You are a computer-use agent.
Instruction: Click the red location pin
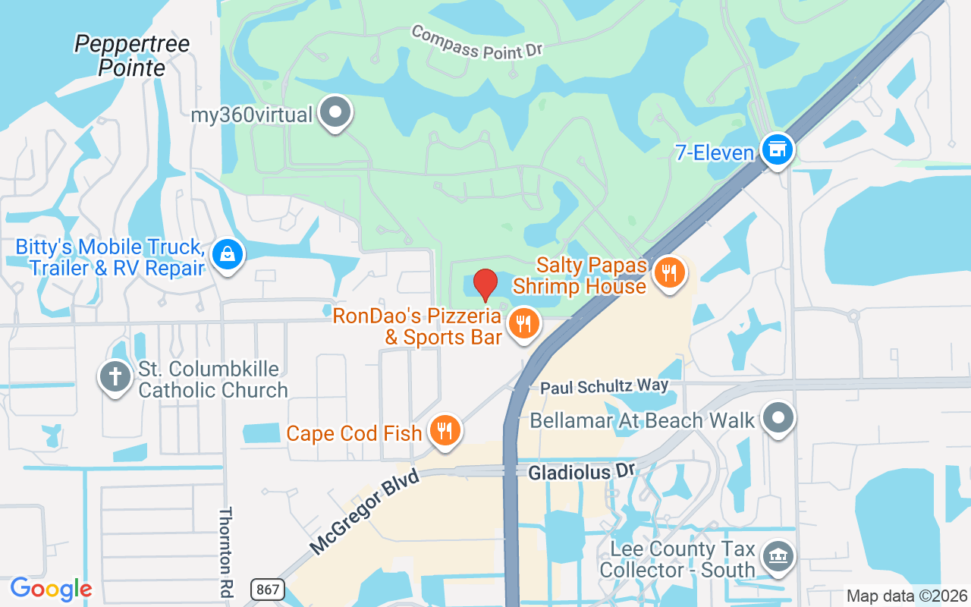coord(485,285)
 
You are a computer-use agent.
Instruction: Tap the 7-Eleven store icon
coord(777,149)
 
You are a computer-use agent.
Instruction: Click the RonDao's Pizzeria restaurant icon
coord(523,324)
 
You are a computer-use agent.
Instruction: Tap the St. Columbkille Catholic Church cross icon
coord(115,377)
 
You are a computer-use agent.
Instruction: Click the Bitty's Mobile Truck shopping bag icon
coord(227,253)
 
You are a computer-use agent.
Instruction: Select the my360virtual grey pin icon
coord(335,113)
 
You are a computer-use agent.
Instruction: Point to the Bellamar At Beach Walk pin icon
coord(778,418)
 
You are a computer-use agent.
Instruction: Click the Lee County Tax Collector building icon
coord(777,556)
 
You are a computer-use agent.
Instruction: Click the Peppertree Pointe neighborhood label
coord(132,55)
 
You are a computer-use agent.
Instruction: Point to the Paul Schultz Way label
coord(605,386)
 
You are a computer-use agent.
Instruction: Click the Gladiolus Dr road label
coord(580,472)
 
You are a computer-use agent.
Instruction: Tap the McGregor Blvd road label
coord(364,513)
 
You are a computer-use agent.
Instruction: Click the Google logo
coord(51,589)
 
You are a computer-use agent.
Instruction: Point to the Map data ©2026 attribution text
coord(907,596)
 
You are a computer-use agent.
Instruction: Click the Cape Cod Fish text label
coord(354,433)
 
